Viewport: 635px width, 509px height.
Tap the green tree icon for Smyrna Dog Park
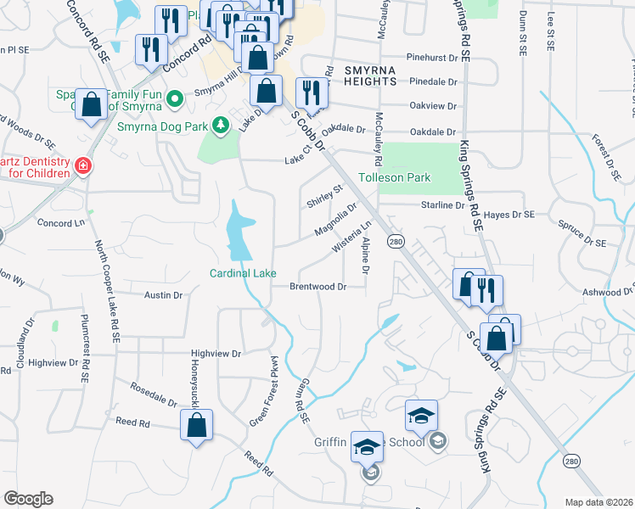pos(221,126)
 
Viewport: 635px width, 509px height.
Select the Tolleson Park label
pos(394,177)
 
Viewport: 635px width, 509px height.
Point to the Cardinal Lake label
pos(243,273)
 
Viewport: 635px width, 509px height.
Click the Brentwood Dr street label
pos(318,287)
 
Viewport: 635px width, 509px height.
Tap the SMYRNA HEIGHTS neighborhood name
pos(359,75)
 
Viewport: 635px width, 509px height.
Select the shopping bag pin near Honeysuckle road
pos(196,427)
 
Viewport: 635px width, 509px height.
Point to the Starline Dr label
pos(443,205)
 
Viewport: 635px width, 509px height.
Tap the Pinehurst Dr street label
pos(438,58)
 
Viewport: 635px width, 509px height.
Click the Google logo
pos(28,499)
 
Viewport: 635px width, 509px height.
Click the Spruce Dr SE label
pos(582,235)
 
